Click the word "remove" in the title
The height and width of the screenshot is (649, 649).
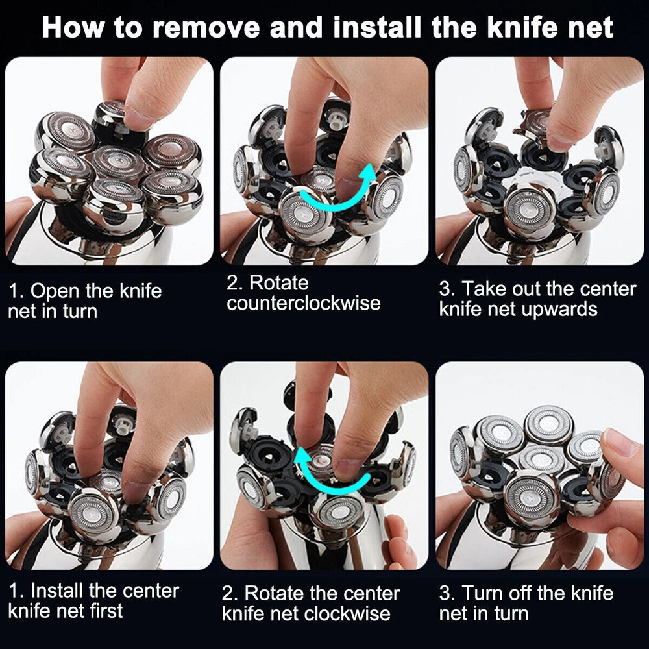pyautogui.click(x=206, y=27)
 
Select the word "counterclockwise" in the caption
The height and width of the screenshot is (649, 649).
pyautogui.click(x=303, y=303)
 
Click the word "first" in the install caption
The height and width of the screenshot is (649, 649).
pyautogui.click(x=107, y=611)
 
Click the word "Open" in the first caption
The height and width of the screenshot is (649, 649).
pyautogui.click(x=55, y=291)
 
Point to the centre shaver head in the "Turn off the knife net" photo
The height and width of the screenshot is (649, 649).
pyautogui.click(x=541, y=460)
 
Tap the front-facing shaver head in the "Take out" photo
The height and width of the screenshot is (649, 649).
pyautogui.click(x=530, y=209)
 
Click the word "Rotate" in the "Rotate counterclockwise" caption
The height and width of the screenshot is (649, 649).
pyautogui.click(x=278, y=283)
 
